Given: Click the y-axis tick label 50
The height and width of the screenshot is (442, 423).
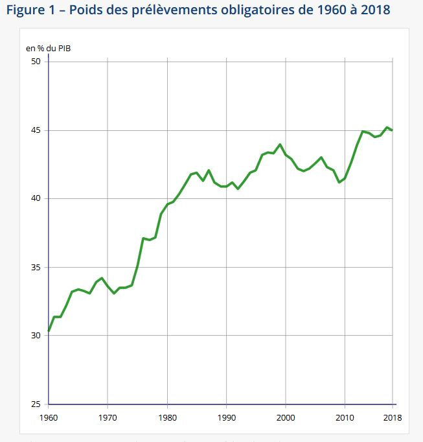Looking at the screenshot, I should [36, 62].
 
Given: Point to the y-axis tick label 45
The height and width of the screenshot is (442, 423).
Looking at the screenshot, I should [36, 130].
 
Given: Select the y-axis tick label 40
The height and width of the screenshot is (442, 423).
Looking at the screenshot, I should [36, 198].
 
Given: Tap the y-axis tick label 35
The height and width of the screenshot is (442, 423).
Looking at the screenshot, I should [36, 267].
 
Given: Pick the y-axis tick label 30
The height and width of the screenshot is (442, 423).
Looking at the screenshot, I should [36, 335].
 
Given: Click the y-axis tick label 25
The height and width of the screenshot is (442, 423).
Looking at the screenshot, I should [36, 404].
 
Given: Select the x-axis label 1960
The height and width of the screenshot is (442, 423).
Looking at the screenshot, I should [49, 417].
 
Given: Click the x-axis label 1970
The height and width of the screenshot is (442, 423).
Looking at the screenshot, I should [108, 417].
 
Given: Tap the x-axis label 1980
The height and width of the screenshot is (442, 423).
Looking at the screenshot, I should [167, 417].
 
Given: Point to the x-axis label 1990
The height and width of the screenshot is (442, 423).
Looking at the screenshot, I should [226, 417].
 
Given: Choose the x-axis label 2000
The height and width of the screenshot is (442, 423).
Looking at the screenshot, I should [286, 417].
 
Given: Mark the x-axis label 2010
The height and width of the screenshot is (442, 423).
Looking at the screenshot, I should [345, 417].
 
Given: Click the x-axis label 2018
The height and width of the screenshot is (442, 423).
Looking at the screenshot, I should [392, 417].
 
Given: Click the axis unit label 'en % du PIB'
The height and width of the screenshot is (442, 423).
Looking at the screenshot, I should [46, 48].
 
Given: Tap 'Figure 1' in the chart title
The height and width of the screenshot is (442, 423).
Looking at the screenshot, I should [33, 11].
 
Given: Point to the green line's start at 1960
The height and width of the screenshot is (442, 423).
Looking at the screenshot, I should [49, 331].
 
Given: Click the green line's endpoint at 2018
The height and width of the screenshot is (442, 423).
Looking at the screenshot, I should [393, 130].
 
